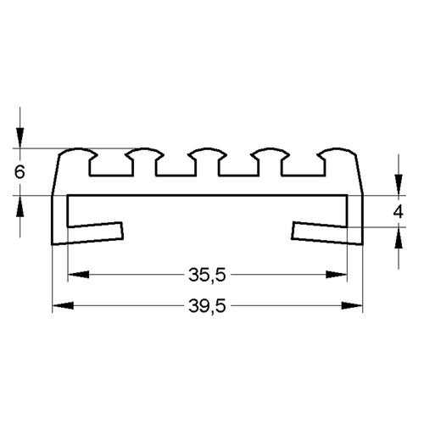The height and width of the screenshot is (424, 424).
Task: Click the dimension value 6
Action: coord(20,171)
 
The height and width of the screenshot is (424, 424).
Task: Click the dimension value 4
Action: coord(399,211)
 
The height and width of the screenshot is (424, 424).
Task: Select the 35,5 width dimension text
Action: coord(207,275)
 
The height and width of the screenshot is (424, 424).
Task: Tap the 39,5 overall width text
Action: coord(207,306)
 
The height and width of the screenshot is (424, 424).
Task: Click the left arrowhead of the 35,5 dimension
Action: coord(79,275)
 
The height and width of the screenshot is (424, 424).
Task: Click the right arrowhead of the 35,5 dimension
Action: coord(336,275)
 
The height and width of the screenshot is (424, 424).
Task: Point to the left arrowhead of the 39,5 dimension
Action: coord(64,305)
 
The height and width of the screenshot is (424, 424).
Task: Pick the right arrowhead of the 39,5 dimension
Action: coord(352,305)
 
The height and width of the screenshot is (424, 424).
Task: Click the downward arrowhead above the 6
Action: coord(20,138)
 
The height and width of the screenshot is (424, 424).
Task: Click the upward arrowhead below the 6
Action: coord(20,206)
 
